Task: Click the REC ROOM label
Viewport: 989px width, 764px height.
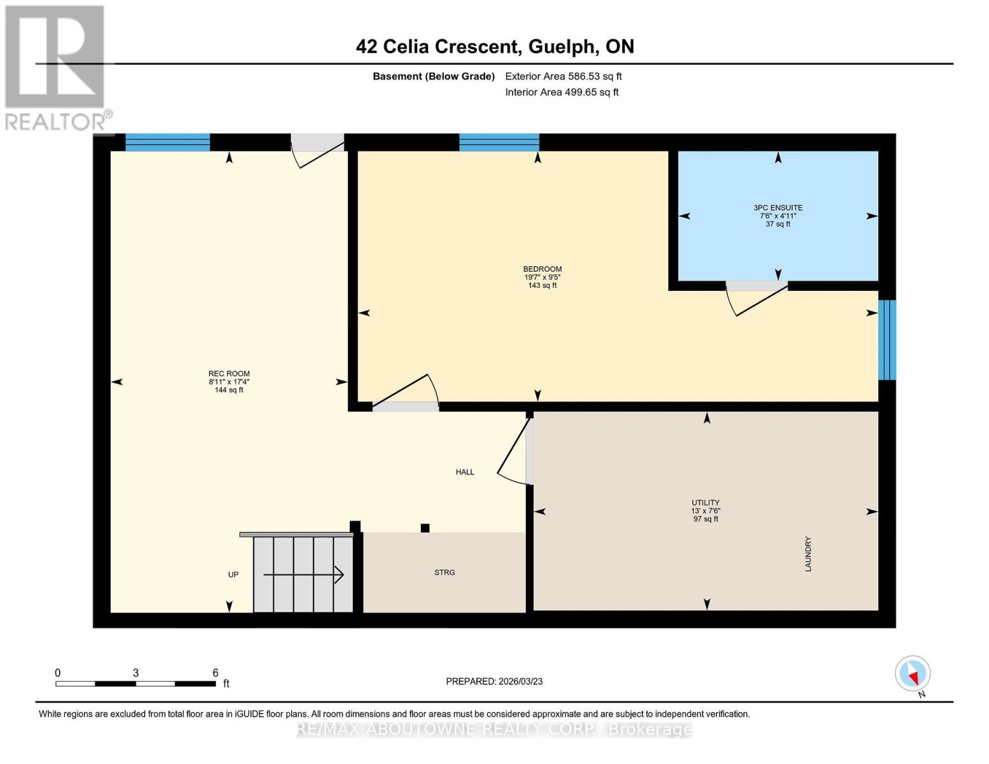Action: pyautogui.click(x=229, y=374)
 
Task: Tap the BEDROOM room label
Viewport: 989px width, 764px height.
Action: pyautogui.click(x=542, y=269)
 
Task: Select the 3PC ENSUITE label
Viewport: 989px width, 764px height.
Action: pyautogui.click(x=778, y=208)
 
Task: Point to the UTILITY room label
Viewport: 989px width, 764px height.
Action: pyautogui.click(x=706, y=503)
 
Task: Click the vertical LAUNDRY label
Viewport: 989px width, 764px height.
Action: pyautogui.click(x=808, y=554)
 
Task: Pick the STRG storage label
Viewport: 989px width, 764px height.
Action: pyautogui.click(x=445, y=572)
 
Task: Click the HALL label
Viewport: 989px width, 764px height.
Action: pyautogui.click(x=465, y=472)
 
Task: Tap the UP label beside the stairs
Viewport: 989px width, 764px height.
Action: pyautogui.click(x=233, y=574)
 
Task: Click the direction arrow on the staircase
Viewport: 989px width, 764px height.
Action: pyautogui.click(x=304, y=575)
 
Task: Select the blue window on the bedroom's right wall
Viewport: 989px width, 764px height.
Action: pyautogui.click(x=887, y=340)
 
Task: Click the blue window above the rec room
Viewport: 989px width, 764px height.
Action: pyautogui.click(x=167, y=143)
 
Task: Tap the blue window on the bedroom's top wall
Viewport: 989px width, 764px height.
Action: pyautogui.click(x=499, y=143)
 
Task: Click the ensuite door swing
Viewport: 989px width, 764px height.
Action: pyautogui.click(x=756, y=299)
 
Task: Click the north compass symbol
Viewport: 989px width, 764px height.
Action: pyautogui.click(x=913, y=674)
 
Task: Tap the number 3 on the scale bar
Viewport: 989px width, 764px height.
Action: pyautogui.click(x=136, y=673)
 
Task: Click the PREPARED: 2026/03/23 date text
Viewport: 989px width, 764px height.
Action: pyautogui.click(x=494, y=681)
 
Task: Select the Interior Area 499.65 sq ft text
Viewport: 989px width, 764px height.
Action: pyautogui.click(x=562, y=92)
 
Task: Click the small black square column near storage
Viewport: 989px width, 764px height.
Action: pyautogui.click(x=425, y=528)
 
